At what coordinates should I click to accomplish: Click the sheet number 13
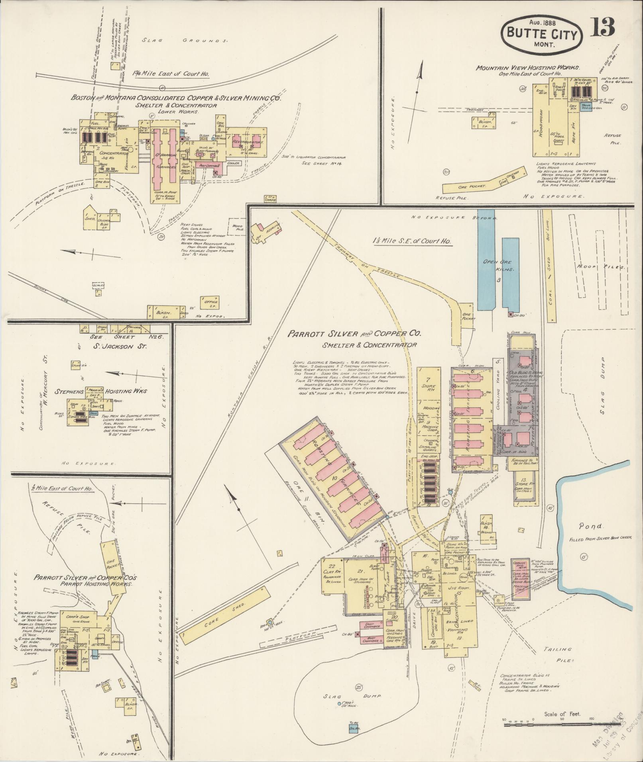click(603, 27)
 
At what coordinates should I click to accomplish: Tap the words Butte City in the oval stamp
click(542, 35)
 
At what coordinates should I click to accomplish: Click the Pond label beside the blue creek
click(591, 527)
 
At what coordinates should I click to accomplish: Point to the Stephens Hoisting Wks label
click(104, 392)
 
